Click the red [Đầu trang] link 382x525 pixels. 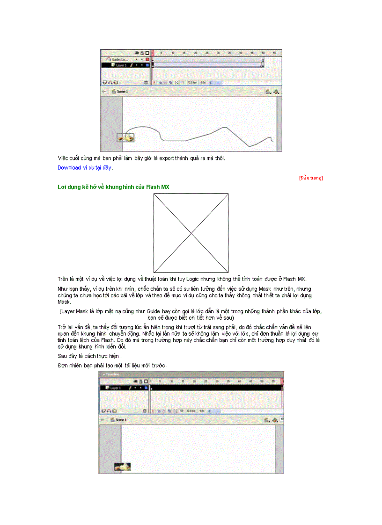pos(311,178)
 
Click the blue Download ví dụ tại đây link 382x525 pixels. pos(85,167)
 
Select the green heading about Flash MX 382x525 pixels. pos(113,187)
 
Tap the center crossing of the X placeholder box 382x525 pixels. pos(191,233)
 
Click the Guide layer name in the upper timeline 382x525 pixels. pos(119,60)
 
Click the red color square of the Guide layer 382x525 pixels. pos(147,60)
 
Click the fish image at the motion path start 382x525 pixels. pos(125,137)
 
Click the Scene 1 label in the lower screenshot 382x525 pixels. pos(122,420)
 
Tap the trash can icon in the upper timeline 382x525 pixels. pos(146,82)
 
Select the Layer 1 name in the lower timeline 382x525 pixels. pos(116,388)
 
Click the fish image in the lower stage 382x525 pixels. pos(123,467)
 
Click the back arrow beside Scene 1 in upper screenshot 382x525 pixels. pos(104,92)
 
